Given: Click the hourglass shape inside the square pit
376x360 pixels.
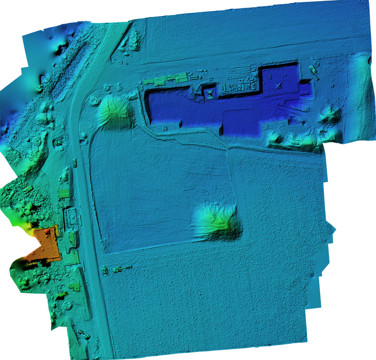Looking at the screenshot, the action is (x=210, y=93).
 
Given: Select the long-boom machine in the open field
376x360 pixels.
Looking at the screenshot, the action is (x=123, y=269).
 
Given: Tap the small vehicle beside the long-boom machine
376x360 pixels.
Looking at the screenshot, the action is (x=105, y=271).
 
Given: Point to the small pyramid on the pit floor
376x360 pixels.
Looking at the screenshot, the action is (x=280, y=85).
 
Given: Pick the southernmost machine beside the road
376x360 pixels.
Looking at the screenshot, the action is (x=87, y=335).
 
